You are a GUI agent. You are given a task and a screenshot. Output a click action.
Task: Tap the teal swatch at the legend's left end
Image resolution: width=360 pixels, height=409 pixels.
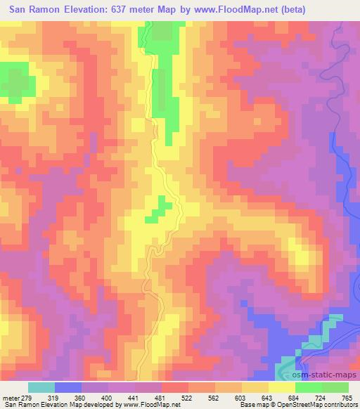pyautogui.click(x=41, y=387)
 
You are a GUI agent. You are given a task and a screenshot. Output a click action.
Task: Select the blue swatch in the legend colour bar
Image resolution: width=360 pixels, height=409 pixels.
pyautogui.click(x=68, y=387)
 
